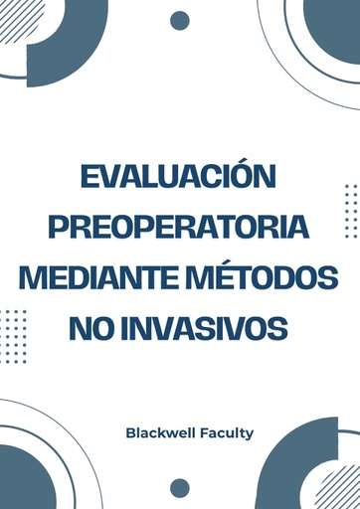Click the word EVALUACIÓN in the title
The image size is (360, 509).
(x=179, y=179)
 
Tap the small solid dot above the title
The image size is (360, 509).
(x=180, y=21)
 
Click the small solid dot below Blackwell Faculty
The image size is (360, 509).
(x=180, y=487)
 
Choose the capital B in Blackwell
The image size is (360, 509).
(x=131, y=432)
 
